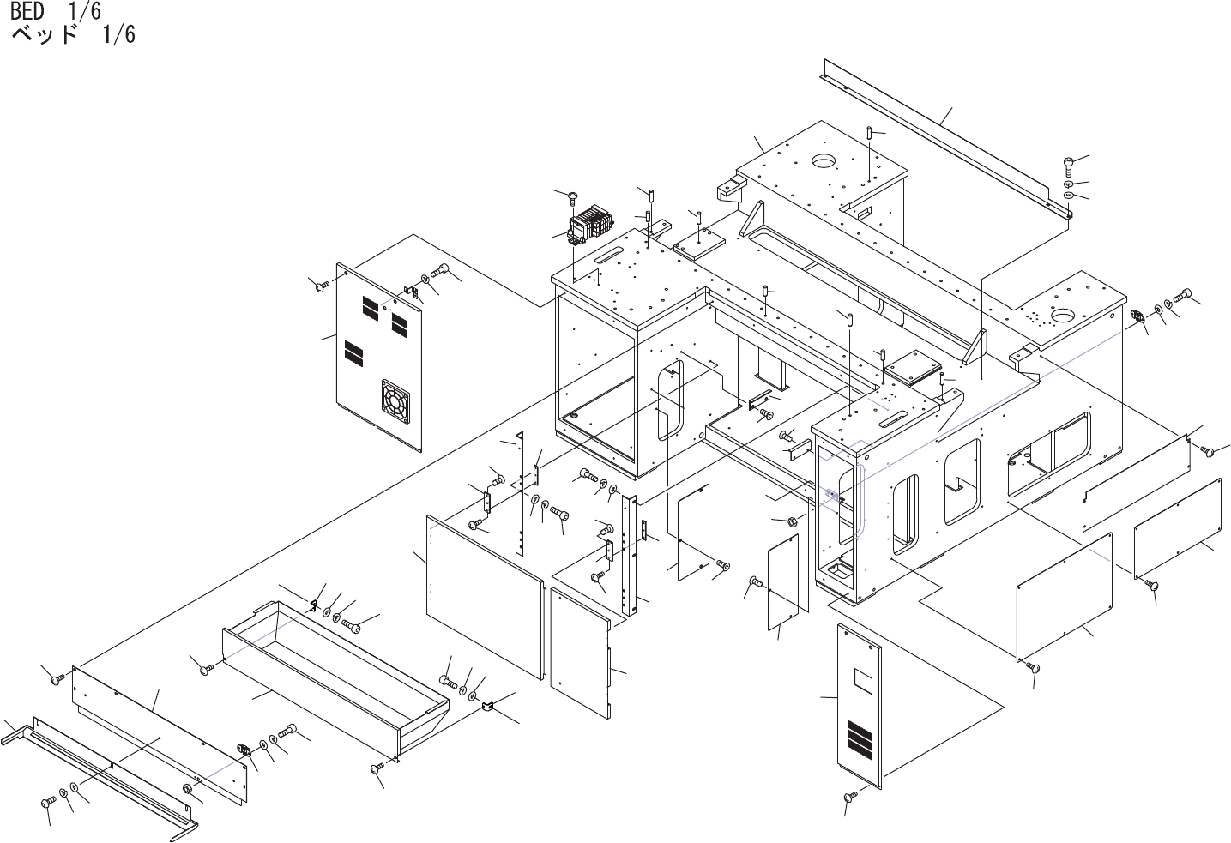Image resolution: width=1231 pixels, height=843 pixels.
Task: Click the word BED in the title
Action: (27, 12)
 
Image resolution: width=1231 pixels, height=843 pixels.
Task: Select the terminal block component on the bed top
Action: (590, 225)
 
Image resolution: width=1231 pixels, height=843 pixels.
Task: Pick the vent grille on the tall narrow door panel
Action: (860, 737)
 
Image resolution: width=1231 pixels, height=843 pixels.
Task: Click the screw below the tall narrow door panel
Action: (851, 797)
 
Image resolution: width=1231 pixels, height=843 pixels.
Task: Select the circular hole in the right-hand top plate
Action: (1064, 316)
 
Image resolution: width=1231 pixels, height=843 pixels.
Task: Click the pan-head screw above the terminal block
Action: (573, 198)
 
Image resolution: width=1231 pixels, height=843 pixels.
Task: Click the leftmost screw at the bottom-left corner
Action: (49, 802)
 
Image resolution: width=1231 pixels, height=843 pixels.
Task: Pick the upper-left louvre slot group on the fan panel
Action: (370, 305)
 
